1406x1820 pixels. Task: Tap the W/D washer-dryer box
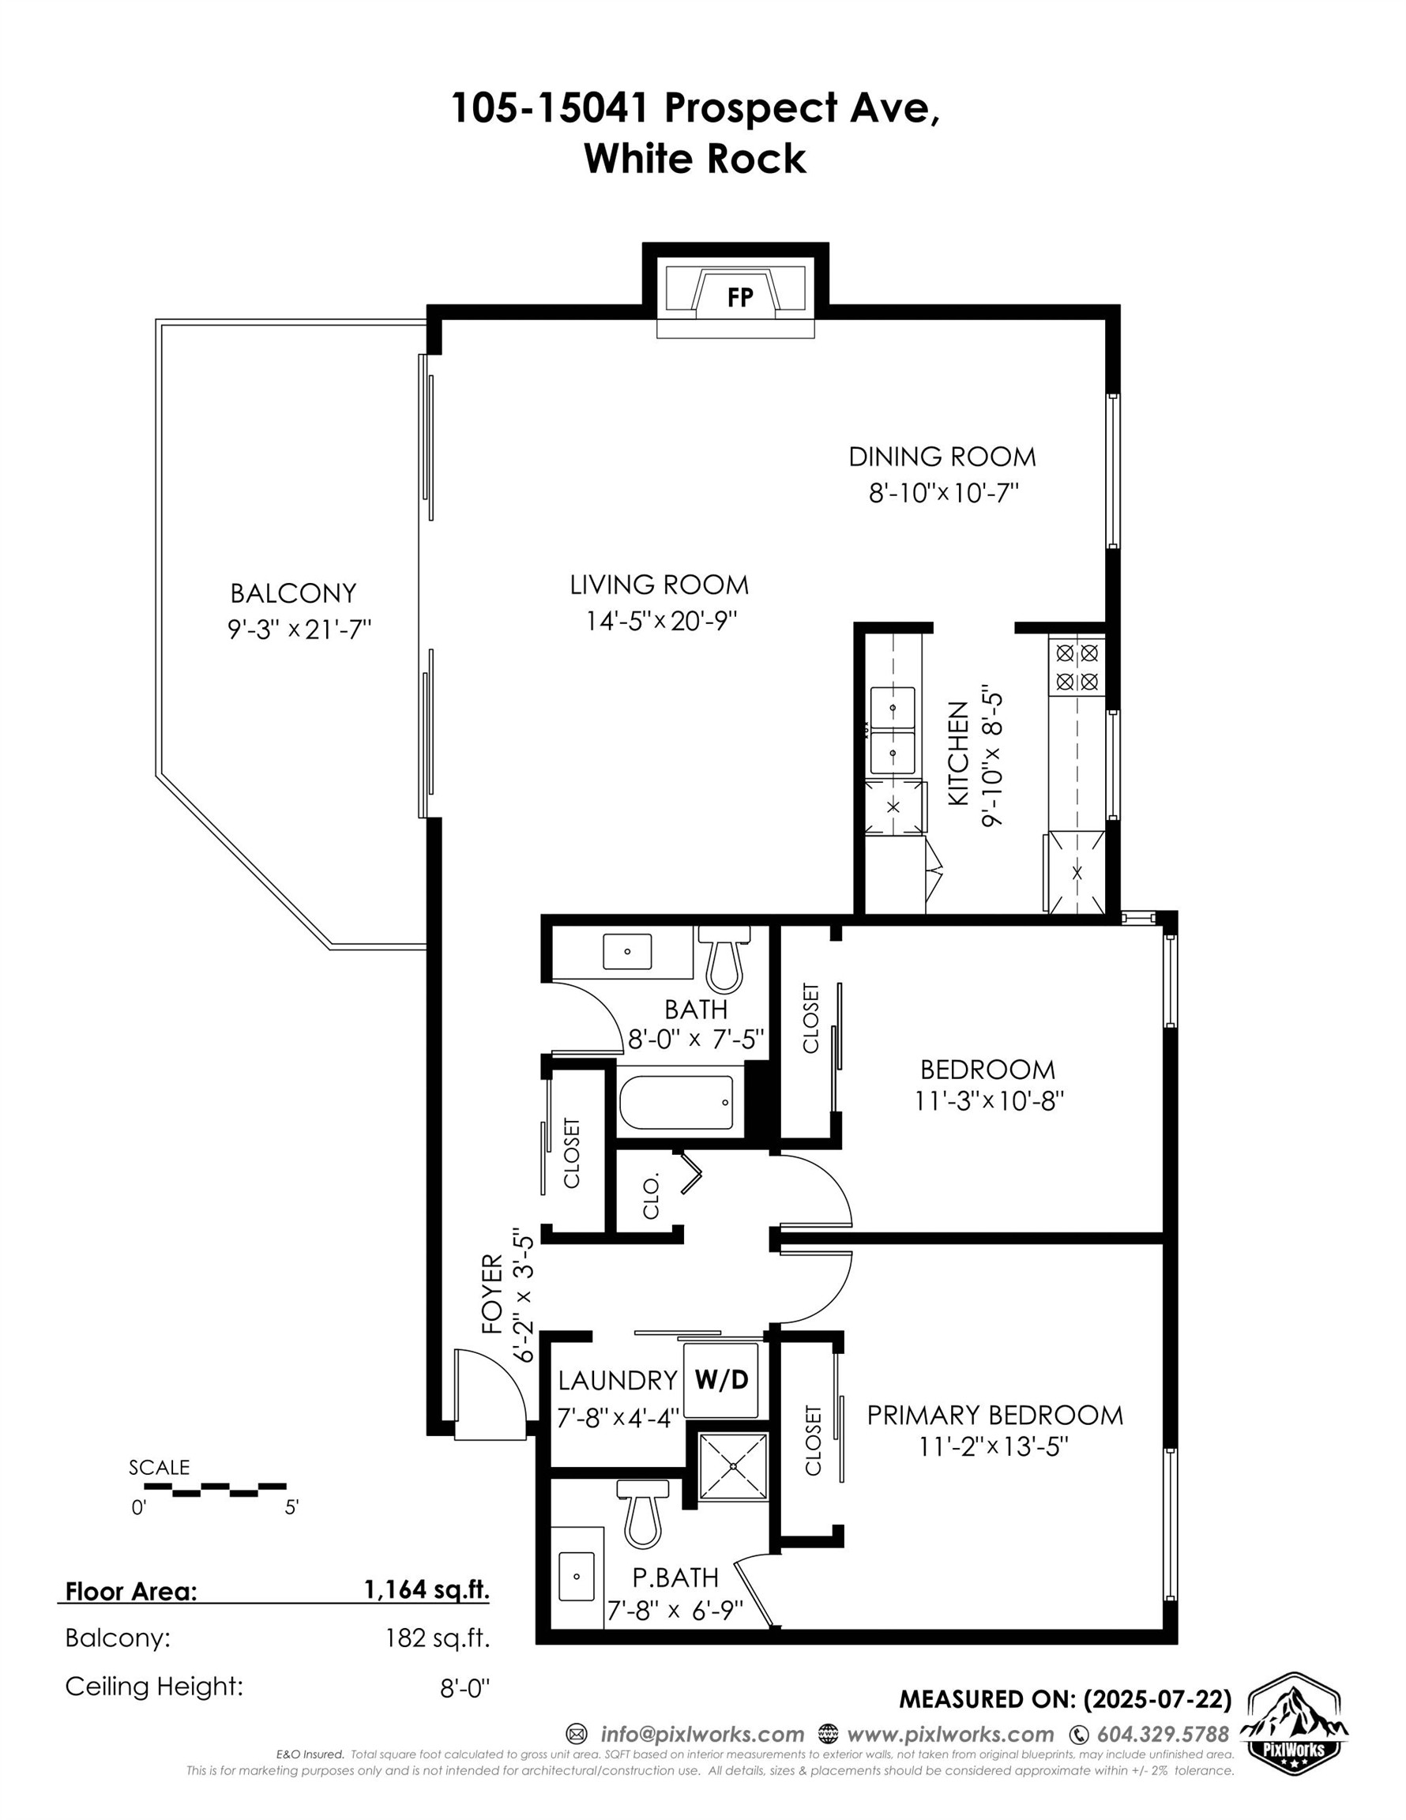(722, 1379)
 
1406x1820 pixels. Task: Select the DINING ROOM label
(942, 457)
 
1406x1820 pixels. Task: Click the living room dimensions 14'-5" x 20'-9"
(661, 622)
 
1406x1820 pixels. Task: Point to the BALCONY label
(292, 592)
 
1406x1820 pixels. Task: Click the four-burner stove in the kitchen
(1077, 667)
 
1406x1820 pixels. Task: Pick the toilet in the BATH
(724, 960)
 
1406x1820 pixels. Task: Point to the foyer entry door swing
(492, 1393)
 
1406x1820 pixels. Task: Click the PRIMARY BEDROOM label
(994, 1415)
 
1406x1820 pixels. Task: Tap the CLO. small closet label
(651, 1197)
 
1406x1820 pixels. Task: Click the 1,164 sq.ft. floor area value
(426, 1590)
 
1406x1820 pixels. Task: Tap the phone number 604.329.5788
(1162, 1734)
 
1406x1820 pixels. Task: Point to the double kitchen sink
(892, 729)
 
